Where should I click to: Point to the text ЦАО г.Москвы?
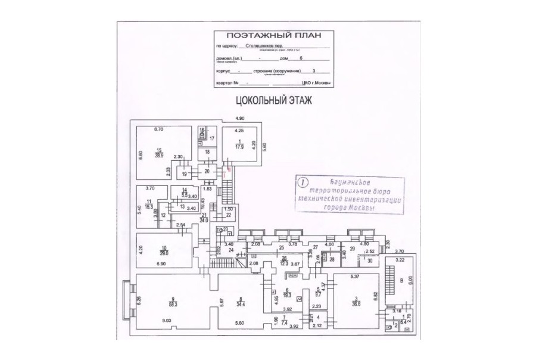(x=316, y=83)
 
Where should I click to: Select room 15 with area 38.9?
(x=159, y=153)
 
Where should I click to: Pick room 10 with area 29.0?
(x=164, y=251)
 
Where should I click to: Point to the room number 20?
(x=207, y=171)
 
